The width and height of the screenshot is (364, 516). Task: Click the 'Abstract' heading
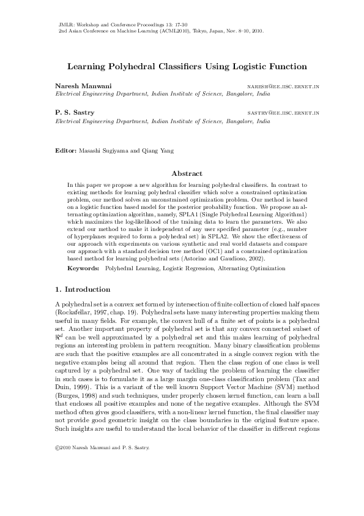[x=187, y=173]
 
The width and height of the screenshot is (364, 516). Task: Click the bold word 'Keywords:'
[x=84, y=268]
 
